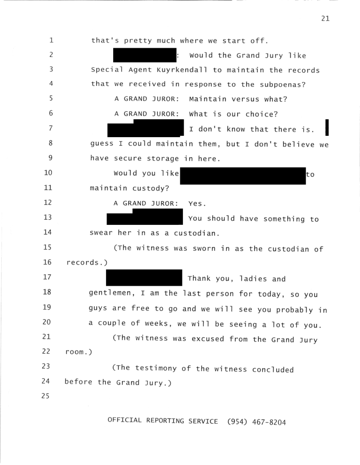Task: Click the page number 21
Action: tap(324, 19)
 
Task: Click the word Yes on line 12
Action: tap(196, 204)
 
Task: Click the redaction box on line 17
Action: tap(144, 277)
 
